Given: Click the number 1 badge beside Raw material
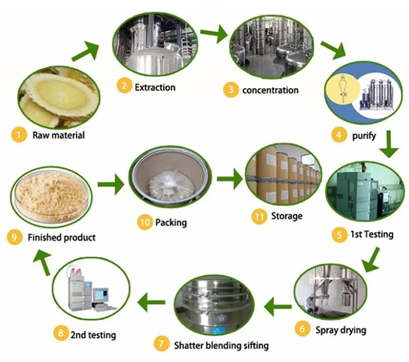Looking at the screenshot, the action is pyautogui.click(x=19, y=135).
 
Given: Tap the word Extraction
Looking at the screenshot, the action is pyautogui.click(x=155, y=87).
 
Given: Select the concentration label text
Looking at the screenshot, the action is pyautogui.click(x=270, y=90).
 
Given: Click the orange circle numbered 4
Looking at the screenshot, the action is pyautogui.click(x=339, y=135).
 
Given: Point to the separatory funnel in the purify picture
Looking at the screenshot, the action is pyautogui.click(x=343, y=88).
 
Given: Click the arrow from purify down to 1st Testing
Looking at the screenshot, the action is pyautogui.click(x=389, y=144).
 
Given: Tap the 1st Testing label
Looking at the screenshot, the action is pyautogui.click(x=372, y=234).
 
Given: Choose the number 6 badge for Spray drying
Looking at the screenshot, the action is pyautogui.click(x=302, y=328).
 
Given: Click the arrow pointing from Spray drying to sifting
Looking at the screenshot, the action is pyautogui.click(x=277, y=306).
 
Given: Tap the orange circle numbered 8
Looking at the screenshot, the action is pyautogui.click(x=61, y=333).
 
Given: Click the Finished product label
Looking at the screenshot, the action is pyautogui.click(x=62, y=238).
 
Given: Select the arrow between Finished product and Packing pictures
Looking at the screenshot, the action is pyautogui.click(x=111, y=184).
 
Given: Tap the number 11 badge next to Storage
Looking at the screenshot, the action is pyautogui.click(x=259, y=217).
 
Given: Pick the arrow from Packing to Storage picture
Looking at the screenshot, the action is pyautogui.click(x=230, y=179).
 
